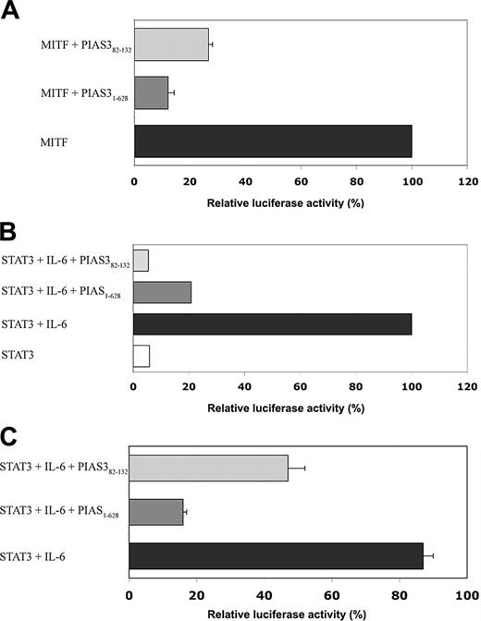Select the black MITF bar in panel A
273,140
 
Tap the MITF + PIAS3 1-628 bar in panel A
151,92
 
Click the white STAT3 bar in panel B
141,356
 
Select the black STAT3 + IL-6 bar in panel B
272,323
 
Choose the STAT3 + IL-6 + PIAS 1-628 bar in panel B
162,292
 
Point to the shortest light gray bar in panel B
141,261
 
